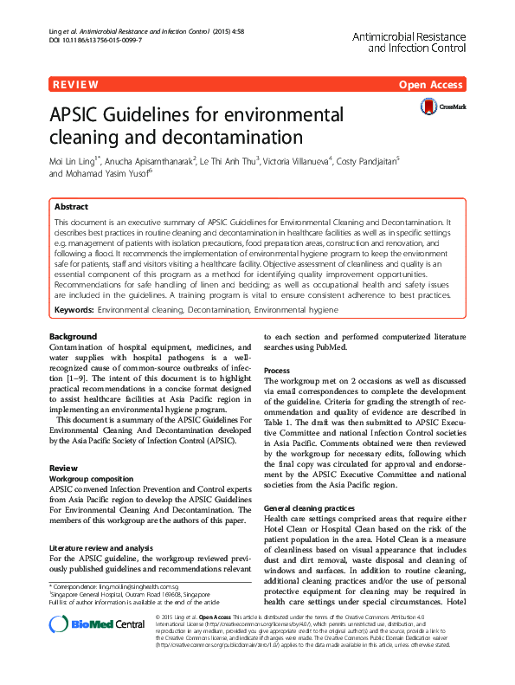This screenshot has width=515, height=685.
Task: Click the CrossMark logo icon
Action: (429, 107)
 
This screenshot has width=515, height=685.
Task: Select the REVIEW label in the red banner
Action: (74, 85)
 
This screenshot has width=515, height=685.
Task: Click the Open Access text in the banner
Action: (431, 85)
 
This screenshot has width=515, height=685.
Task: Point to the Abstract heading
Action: (71, 208)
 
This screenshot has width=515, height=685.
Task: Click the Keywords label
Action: (74, 309)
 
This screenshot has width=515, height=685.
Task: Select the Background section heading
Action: (74, 336)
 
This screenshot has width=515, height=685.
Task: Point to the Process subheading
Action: (277, 370)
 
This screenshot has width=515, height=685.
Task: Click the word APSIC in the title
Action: (87, 116)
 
